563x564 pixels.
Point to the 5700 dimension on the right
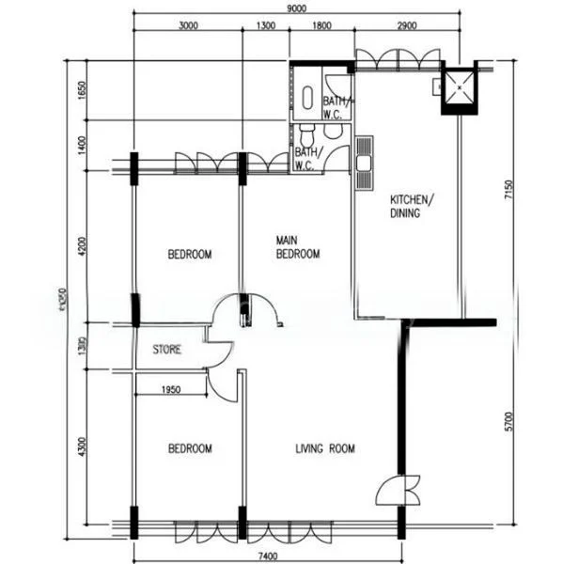coord(508,425)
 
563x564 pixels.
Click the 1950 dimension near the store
coord(171,389)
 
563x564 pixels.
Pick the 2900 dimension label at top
coord(406,26)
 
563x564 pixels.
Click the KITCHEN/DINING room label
coord(412,207)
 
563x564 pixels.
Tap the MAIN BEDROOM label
coord(298,247)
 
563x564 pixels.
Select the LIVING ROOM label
coord(325,449)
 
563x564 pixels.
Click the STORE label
coord(167,350)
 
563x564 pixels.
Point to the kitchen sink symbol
coord(364,161)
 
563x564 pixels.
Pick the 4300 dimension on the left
coord(82,444)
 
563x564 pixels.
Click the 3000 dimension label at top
coord(188,26)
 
